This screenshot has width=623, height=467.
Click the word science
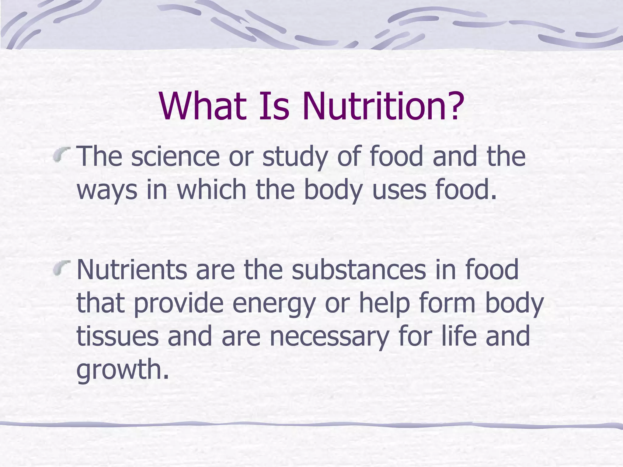[x=175, y=156]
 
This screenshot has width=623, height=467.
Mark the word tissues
[x=117, y=336]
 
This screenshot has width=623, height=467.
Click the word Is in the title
[x=274, y=106]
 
